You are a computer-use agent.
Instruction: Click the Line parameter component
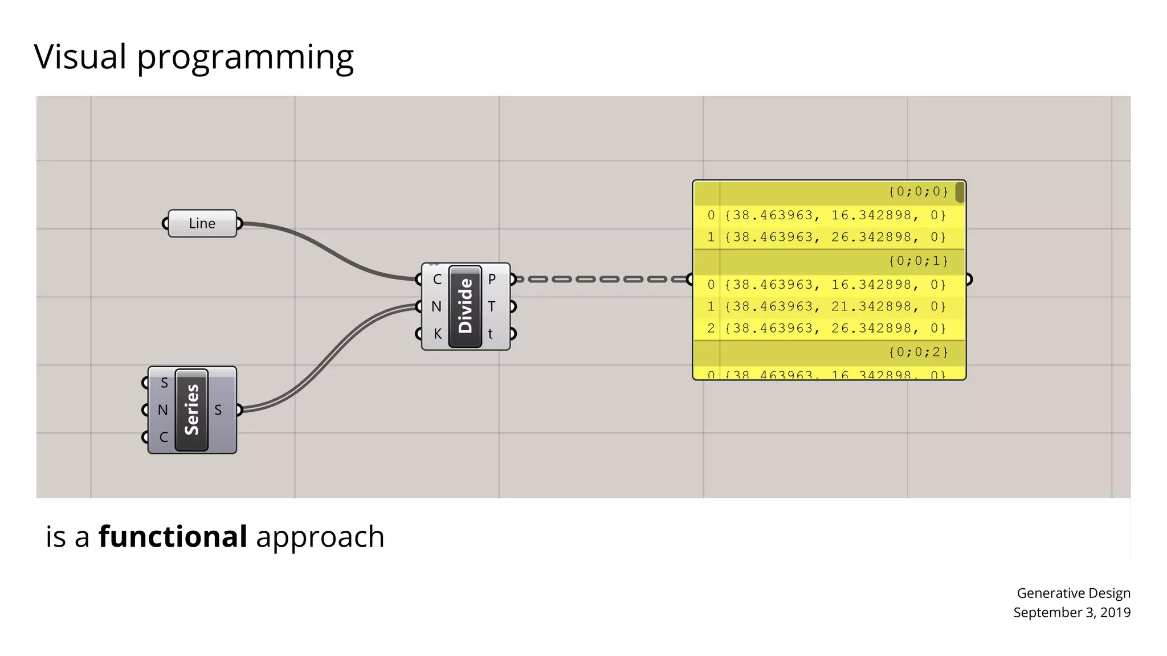click(202, 223)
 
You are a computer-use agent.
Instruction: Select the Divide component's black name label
click(465, 306)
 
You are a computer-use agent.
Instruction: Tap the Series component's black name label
click(191, 409)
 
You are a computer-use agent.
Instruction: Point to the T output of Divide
click(492, 306)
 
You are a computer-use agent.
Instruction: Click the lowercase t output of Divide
click(491, 334)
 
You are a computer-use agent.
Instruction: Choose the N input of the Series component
click(162, 410)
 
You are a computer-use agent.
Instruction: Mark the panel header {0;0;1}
click(918, 261)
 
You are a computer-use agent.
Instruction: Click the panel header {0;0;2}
click(918, 352)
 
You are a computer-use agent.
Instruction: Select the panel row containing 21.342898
click(829, 306)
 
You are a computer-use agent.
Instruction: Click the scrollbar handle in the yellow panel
click(960, 192)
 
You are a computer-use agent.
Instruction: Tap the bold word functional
click(173, 536)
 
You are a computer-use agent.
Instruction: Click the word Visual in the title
click(80, 56)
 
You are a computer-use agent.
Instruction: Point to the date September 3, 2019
click(1071, 612)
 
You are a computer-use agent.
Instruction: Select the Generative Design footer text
click(1074, 593)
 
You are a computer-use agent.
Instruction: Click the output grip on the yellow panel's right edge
click(968, 279)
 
